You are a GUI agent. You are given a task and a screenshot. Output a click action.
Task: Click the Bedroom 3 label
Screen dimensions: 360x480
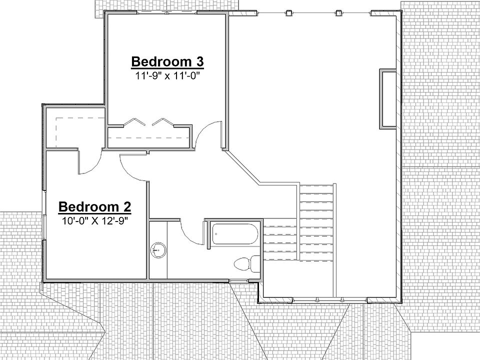point(167,61)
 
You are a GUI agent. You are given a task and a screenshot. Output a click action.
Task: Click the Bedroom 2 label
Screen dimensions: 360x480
point(94,206)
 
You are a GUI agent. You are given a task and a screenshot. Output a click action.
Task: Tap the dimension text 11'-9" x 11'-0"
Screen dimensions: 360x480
point(167,76)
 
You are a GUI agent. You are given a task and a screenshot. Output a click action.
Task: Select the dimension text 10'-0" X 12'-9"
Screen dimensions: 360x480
point(94,220)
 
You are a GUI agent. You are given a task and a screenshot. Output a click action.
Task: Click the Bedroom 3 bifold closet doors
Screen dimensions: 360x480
point(150,121)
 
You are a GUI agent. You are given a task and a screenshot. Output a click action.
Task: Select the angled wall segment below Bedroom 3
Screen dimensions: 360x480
point(242,166)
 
